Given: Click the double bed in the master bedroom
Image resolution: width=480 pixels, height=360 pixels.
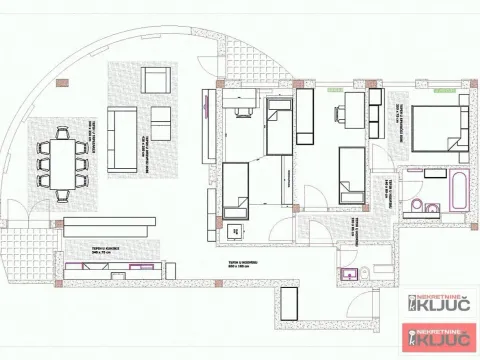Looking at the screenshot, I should tap(436, 129).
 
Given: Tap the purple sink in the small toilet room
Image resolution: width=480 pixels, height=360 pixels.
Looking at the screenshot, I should tap(347, 272).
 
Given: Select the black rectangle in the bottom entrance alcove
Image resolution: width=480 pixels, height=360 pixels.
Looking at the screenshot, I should tap(289, 304).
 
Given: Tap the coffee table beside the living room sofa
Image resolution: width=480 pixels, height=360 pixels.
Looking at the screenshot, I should tap(161, 124).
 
